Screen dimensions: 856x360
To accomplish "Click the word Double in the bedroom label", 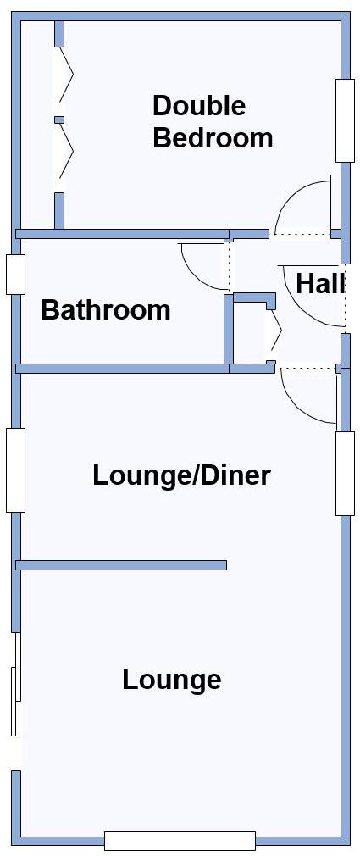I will pos(199,106).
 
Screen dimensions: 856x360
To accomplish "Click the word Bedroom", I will pos(213,137).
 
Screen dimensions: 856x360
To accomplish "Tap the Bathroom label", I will pos(106,310).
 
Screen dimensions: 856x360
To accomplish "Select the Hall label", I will pos(319,284).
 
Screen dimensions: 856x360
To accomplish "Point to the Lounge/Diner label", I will pos(181,475).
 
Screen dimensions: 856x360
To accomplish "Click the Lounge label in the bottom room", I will pos(172,680).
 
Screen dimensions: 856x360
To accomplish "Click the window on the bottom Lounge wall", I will pos(180,841).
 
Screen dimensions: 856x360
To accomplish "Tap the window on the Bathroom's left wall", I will pos(15,274).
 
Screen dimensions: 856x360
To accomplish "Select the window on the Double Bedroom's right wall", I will pos(344,120).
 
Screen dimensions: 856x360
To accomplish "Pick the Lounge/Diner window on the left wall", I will pos(15,470).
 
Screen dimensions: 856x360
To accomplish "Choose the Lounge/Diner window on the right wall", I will pos(344,473).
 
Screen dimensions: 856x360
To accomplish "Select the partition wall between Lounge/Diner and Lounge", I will pos(121,564).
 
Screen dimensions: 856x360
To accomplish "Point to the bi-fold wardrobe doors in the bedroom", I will pos(61,119).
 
